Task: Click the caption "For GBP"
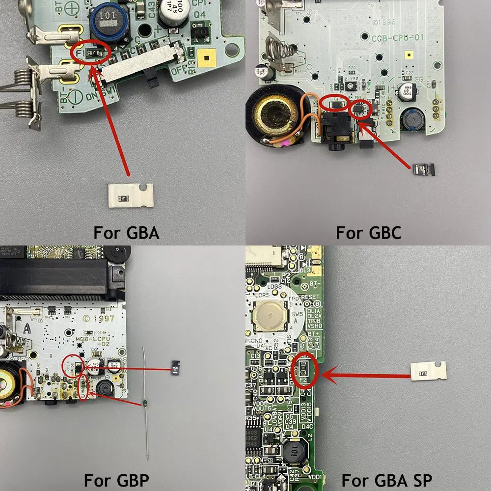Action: pyautogui.click(x=116, y=479)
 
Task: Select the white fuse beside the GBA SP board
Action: pyautogui.click(x=428, y=371)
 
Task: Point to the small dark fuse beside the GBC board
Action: pyautogui.click(x=423, y=170)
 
